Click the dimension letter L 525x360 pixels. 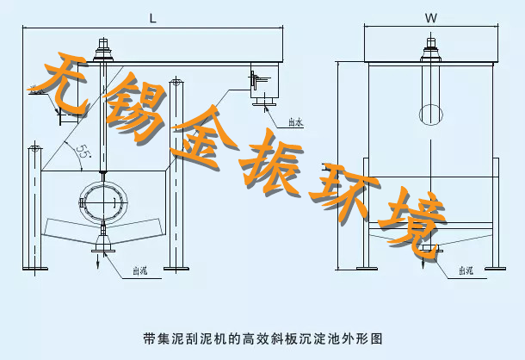click(152, 17)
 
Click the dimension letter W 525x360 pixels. click(430, 17)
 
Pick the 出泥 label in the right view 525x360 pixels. click(465, 270)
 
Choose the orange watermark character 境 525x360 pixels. click(417, 220)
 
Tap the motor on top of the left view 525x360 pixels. click(104, 47)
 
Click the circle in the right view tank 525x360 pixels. click(430, 115)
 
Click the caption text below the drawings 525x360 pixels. click(262, 338)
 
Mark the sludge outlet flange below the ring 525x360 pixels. click(104, 249)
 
